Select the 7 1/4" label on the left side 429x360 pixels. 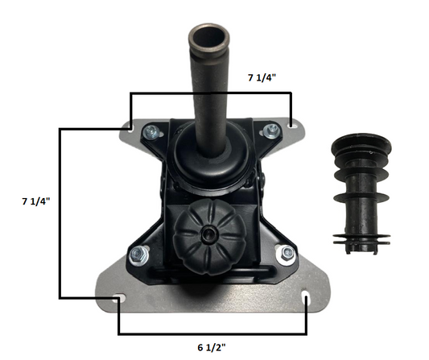[x=35, y=201]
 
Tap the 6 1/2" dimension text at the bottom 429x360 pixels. [x=211, y=347]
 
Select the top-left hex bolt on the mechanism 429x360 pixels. [x=151, y=132]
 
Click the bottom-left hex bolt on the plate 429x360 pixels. [x=138, y=256]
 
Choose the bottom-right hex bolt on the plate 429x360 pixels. [x=286, y=254]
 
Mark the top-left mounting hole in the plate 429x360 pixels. [x=129, y=126]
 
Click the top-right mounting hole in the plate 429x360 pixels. [x=291, y=125]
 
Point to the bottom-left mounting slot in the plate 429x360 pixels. [x=119, y=300]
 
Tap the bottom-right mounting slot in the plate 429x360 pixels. [x=307, y=300]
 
